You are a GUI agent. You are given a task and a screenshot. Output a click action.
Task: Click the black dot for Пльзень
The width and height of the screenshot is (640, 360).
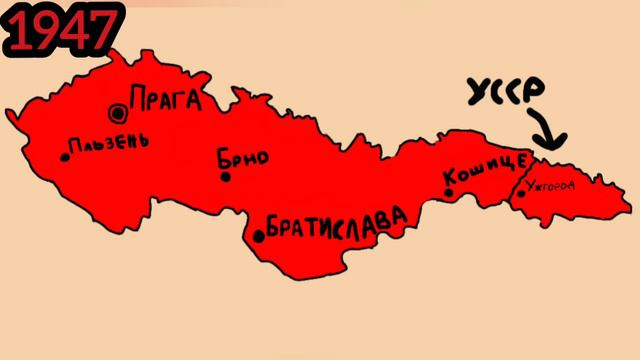tap(65, 156)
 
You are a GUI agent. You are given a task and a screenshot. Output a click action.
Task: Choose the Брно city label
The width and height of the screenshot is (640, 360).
tap(241, 158)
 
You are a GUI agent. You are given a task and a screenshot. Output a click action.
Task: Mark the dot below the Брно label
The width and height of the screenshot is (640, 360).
tap(225, 177)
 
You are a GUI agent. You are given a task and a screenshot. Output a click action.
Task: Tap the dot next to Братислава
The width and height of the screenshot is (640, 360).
tap(259, 236)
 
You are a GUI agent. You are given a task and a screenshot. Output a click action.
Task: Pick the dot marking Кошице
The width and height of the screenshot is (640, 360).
tap(448, 192)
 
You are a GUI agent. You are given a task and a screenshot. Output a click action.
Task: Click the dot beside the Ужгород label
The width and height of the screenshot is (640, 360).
tap(521, 193)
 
